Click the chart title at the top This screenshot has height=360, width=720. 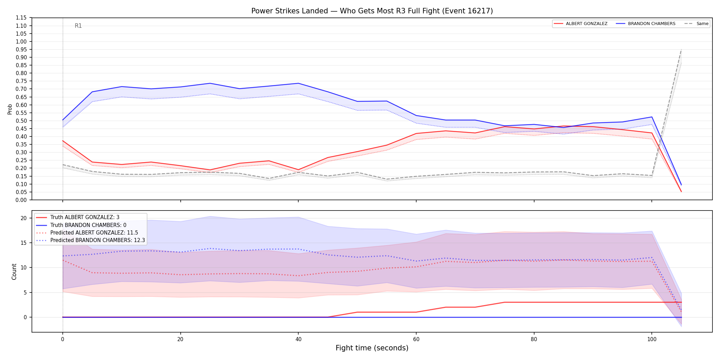click(372, 11)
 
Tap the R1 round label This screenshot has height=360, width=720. click(78, 26)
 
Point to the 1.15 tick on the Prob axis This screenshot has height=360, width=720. click(21, 18)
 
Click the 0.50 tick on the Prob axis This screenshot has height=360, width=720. click(21, 121)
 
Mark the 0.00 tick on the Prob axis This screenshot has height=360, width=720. click(21, 200)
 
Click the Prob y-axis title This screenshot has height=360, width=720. click(10, 109)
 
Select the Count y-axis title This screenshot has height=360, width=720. click(14, 272)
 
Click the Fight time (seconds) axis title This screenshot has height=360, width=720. click(372, 348)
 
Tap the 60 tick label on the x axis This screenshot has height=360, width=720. click(416, 339)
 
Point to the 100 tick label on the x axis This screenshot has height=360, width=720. click(652, 339)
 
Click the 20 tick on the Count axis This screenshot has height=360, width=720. click(24, 218)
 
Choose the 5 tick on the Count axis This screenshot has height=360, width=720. click(25, 292)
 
